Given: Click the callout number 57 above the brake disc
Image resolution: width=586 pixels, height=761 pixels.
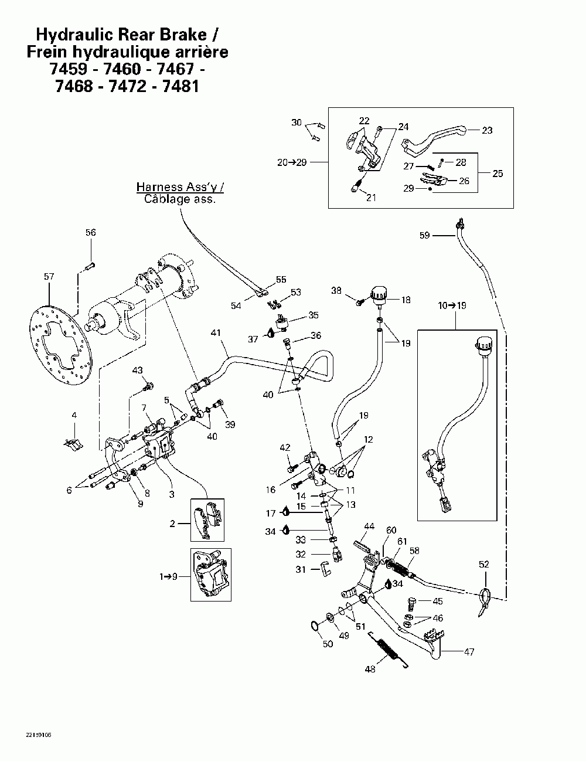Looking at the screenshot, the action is pos(49,277).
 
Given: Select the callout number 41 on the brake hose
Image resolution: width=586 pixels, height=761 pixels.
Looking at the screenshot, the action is pos(216,332).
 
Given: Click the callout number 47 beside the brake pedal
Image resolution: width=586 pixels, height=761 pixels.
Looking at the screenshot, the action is pos(469,652).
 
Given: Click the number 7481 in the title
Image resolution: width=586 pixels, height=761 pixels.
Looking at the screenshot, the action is pos(180,86).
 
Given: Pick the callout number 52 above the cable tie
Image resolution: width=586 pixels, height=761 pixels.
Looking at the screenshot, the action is pos(484,564).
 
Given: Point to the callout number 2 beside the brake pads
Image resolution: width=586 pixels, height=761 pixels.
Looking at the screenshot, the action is pos(172,524).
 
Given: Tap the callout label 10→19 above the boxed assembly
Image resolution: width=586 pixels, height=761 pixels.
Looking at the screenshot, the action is pos(452,305).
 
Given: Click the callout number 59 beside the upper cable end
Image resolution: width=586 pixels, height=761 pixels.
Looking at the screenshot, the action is pos(424,235).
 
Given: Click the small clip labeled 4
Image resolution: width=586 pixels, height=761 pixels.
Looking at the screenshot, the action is pos(73,444).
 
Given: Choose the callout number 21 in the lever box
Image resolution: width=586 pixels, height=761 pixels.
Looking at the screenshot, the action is pos(371,198).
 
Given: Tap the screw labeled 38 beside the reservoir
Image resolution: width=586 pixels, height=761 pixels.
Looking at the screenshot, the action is pos(360,301).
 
